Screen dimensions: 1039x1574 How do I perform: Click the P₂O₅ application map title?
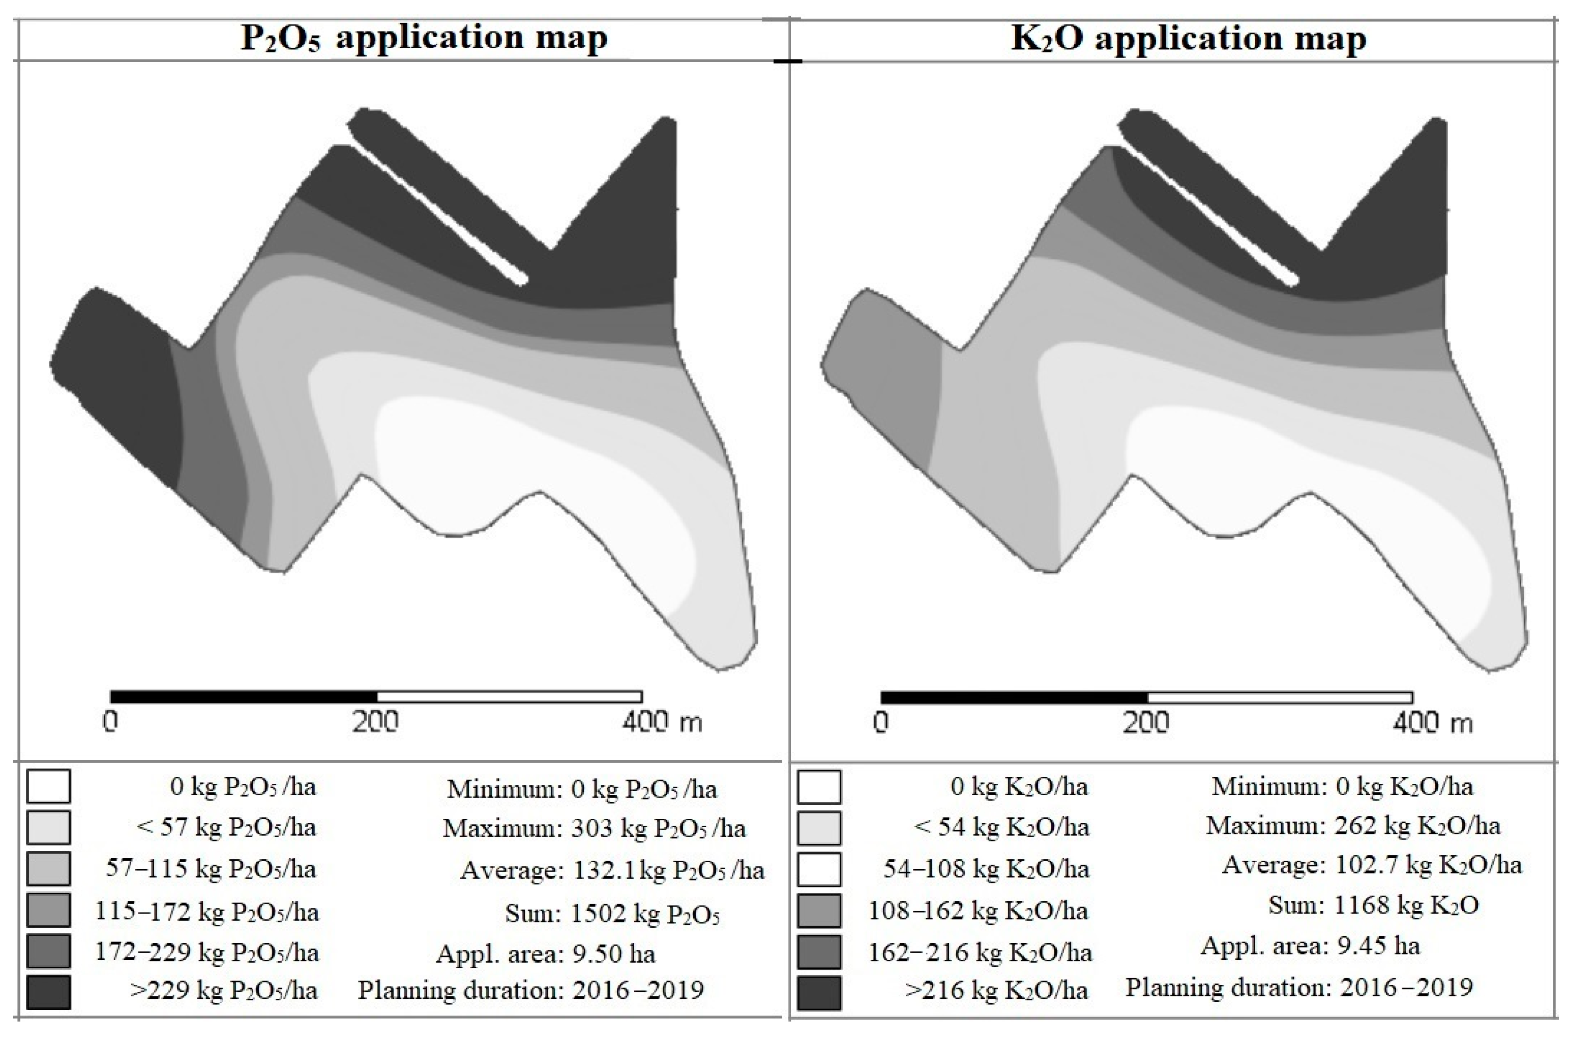pos(424,38)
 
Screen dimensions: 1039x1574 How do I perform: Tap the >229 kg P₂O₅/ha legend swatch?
pos(49,992)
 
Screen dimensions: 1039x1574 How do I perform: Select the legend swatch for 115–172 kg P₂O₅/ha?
pos(49,910)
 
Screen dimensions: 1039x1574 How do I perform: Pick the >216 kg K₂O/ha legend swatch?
pos(819,992)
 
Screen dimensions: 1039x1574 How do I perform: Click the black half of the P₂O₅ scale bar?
pos(244,697)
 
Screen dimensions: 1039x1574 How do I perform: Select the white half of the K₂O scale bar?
pos(1280,697)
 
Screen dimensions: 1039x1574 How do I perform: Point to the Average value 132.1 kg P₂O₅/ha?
pos(669,870)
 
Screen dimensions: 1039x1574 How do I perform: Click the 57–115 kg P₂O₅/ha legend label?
pos(211,869)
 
